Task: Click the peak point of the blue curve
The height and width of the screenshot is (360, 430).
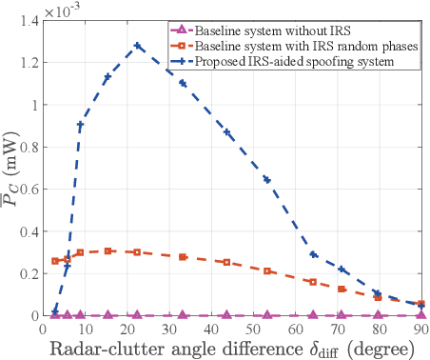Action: pos(138,46)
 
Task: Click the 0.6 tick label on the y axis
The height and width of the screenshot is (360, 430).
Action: pos(29,190)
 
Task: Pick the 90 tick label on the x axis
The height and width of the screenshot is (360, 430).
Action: pos(420,329)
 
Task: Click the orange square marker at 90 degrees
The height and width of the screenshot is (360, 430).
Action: pos(420,304)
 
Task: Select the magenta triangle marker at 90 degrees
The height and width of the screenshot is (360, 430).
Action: pos(420,314)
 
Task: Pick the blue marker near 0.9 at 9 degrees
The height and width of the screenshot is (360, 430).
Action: pos(81,126)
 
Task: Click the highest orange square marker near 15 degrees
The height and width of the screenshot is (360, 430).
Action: pos(108,250)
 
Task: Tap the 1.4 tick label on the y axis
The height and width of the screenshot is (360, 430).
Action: pos(29,21)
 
